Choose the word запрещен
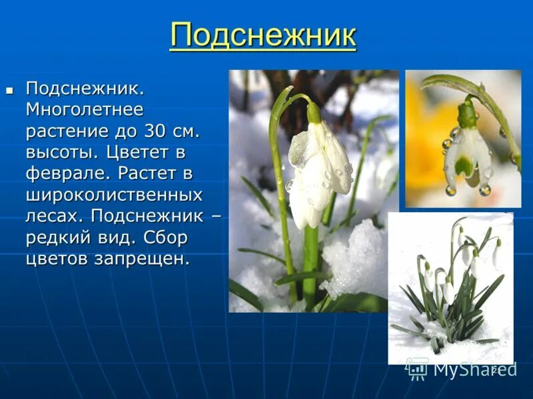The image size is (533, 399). [x=141, y=259]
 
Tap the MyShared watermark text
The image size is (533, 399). [x=474, y=369]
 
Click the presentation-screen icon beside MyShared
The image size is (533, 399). [x=417, y=368]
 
